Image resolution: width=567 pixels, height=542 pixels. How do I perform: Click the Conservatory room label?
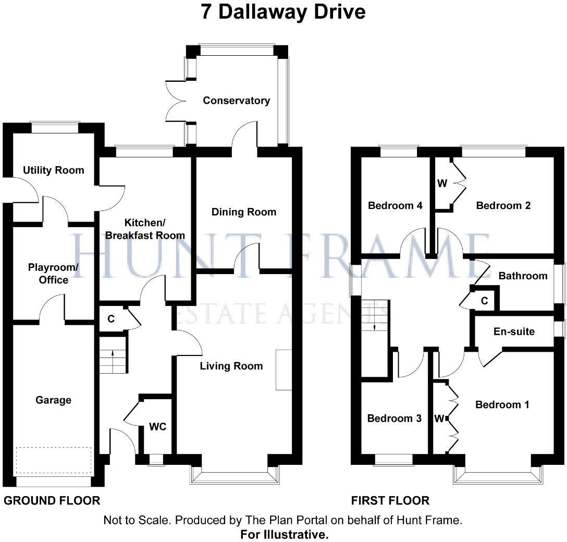coord(236,101)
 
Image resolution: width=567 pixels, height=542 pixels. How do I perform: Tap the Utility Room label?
coord(53,170)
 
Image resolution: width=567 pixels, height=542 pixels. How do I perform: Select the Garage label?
coord(53,400)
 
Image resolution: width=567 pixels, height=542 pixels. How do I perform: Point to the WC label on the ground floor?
coord(157,427)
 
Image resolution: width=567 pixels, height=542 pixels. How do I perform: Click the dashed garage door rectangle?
coord(53,460)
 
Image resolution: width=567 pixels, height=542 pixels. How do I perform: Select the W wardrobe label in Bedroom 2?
coord(442,183)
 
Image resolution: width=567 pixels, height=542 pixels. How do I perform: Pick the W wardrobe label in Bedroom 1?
coord(440,418)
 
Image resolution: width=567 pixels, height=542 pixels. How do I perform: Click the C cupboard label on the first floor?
coord(484,301)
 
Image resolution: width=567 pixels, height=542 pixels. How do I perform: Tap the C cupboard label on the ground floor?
coord(111,319)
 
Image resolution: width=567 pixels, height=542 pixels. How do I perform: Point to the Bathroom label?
coord(523,276)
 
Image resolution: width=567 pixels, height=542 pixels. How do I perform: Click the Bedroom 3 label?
coord(394,418)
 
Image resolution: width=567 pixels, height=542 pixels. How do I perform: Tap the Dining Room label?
coord(244,212)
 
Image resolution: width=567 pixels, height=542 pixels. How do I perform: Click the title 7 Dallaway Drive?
coord(283,12)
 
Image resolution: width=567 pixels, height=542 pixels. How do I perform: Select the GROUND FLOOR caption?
coord(52,501)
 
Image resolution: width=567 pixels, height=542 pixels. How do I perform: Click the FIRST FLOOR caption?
coord(390,501)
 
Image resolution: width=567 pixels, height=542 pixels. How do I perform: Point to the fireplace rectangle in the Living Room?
coord(283,369)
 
